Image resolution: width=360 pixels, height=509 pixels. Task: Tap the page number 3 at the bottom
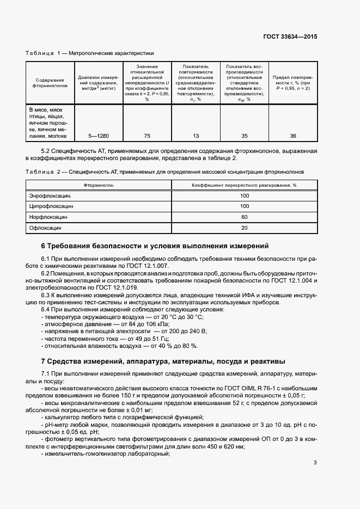pos(315,463)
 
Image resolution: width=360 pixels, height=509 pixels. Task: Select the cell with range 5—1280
pos(98,136)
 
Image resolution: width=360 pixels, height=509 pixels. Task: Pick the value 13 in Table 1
pos(196,136)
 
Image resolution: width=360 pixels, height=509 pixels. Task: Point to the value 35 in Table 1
pos(245,136)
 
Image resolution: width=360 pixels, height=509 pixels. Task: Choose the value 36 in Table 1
pos(293,136)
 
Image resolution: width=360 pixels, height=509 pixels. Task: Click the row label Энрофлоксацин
pos(50,195)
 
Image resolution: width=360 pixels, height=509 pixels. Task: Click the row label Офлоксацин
pos(45,228)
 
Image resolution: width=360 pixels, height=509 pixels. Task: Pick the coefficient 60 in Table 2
pos(245,217)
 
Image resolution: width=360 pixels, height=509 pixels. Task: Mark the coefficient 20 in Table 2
pos(245,228)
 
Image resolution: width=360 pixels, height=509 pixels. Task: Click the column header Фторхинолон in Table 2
pos(99,185)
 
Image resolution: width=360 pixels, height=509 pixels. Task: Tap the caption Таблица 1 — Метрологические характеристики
pos(90,53)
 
